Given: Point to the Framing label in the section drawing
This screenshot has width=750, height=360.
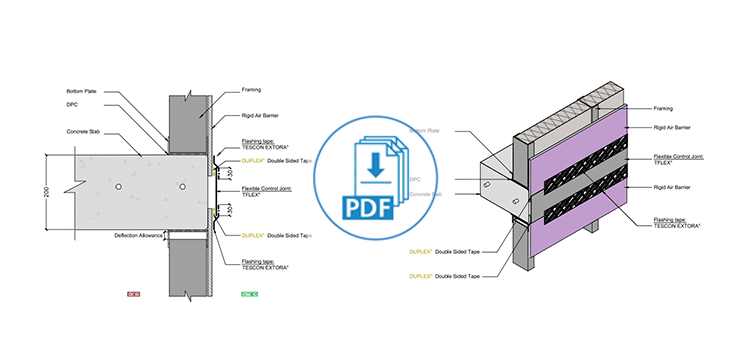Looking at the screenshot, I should click(255, 89).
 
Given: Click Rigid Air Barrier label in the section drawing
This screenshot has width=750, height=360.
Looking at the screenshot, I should click(260, 117).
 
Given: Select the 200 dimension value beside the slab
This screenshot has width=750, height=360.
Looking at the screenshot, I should click(44, 190).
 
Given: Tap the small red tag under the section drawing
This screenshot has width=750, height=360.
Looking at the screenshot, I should click(134, 294).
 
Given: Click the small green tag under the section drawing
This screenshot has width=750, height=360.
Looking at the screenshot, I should click(249, 294).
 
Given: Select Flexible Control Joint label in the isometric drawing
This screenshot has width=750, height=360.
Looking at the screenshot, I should click(680, 157).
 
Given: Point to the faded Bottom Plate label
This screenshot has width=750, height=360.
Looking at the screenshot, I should click(428, 131).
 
